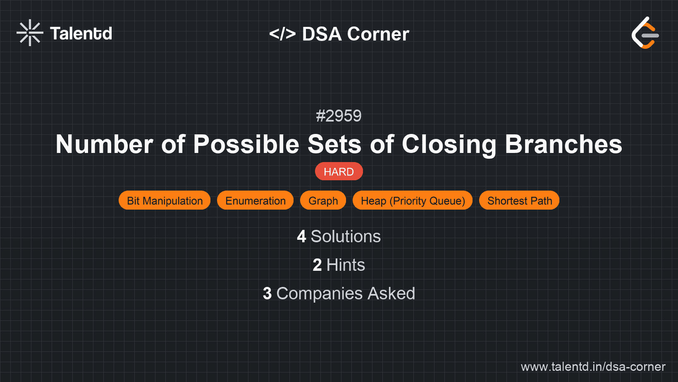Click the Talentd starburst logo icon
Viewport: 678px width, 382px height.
[x=30, y=33]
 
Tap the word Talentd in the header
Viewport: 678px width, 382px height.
[x=81, y=33]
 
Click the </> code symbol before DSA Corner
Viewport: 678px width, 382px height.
[x=282, y=34]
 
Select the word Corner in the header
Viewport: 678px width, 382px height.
[x=378, y=34]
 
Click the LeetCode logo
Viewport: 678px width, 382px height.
[x=645, y=33]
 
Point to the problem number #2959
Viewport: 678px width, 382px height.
[x=339, y=116]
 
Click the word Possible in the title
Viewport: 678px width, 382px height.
[x=246, y=144]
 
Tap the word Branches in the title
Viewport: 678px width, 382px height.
[x=563, y=144]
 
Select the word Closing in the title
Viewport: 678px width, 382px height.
[x=449, y=144]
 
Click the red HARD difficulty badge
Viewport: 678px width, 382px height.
[x=339, y=172]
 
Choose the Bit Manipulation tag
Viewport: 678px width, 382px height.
[x=165, y=201]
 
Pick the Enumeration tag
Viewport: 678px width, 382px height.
[x=255, y=201]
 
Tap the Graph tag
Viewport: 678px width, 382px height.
[x=323, y=201]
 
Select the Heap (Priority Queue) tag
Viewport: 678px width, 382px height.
[x=413, y=201]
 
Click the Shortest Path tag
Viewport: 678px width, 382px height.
[x=519, y=201]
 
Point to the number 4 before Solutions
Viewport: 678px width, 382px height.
[x=301, y=236]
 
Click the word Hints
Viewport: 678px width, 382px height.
[x=346, y=265]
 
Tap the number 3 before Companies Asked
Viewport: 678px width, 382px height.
[x=267, y=294]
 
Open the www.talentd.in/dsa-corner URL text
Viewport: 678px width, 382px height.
[x=593, y=367]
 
